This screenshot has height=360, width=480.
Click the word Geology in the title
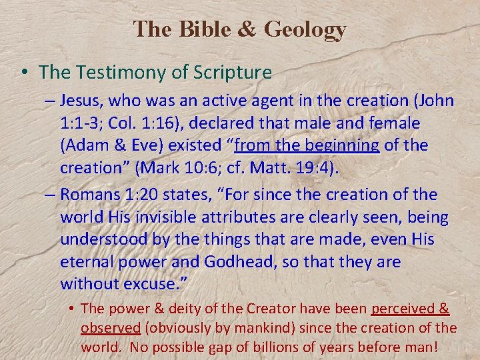pos(305,29)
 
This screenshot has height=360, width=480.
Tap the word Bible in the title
pos(193,29)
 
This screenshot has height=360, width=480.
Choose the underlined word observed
pos(110,328)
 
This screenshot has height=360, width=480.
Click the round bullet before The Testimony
pos(23,71)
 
